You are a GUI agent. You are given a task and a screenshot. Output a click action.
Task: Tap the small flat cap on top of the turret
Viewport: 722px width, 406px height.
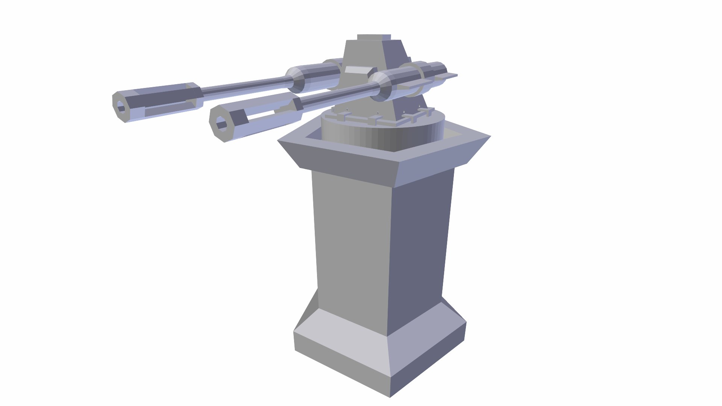(373, 37)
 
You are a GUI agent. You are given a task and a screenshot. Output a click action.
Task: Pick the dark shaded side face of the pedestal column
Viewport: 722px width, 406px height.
(419, 241)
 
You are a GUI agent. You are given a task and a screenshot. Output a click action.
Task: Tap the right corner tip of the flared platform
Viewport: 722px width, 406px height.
(490, 136)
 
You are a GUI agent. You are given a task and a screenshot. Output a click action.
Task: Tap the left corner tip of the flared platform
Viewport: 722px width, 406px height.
(278, 141)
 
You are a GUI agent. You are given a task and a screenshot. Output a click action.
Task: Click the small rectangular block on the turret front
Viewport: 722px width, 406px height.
(356, 70)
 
